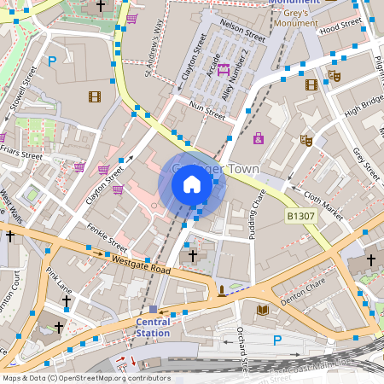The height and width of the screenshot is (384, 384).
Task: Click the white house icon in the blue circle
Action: coord(192,183)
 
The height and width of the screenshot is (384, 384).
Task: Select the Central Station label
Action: coord(154,327)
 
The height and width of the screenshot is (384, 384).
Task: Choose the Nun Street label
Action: coord(207,108)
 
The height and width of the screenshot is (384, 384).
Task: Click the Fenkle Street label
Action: coord(107,238)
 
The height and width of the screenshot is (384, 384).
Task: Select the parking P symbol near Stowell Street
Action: coord(52,61)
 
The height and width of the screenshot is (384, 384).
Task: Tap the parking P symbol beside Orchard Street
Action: coord(276,340)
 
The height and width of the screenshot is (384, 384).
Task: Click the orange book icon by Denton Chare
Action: coord(263,309)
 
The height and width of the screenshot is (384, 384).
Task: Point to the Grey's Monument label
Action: coord(294,12)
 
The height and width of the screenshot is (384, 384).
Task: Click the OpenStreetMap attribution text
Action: coord(85,378)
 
